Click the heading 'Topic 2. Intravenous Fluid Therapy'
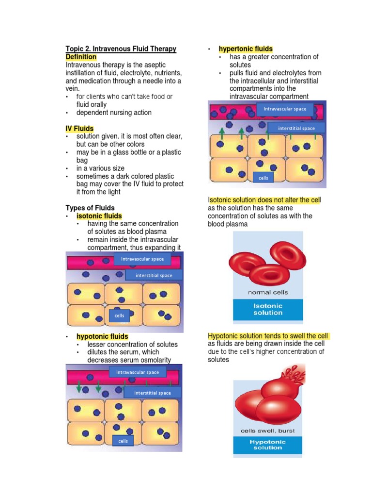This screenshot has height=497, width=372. coord(121,49)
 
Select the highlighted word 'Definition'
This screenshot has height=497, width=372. coord(81,57)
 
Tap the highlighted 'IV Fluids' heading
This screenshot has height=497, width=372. coord(79,129)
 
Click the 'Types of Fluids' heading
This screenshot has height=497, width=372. coord(90,208)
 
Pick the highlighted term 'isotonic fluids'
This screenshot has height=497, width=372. coord(99,216)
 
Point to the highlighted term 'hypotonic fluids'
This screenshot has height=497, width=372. coord(102,336)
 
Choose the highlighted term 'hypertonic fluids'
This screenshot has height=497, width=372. coord(246,49)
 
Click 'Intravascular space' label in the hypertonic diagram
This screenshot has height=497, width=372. coord(285,109)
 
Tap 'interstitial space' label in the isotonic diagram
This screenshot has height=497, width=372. coord(154,275)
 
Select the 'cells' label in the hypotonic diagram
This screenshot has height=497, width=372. coord(123,441)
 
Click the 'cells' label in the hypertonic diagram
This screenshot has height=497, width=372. coord(263,178)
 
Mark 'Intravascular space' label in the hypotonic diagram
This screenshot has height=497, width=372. coord(138,372)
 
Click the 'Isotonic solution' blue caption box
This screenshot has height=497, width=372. coord(268,310)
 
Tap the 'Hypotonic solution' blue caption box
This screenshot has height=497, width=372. coord(267,445)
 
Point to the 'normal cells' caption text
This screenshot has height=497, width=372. coord(268,293)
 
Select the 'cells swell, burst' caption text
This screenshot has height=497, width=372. coord(267,431)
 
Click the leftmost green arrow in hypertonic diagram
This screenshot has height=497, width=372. coord(222,133)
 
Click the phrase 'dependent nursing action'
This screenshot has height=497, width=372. coord(114,113)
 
